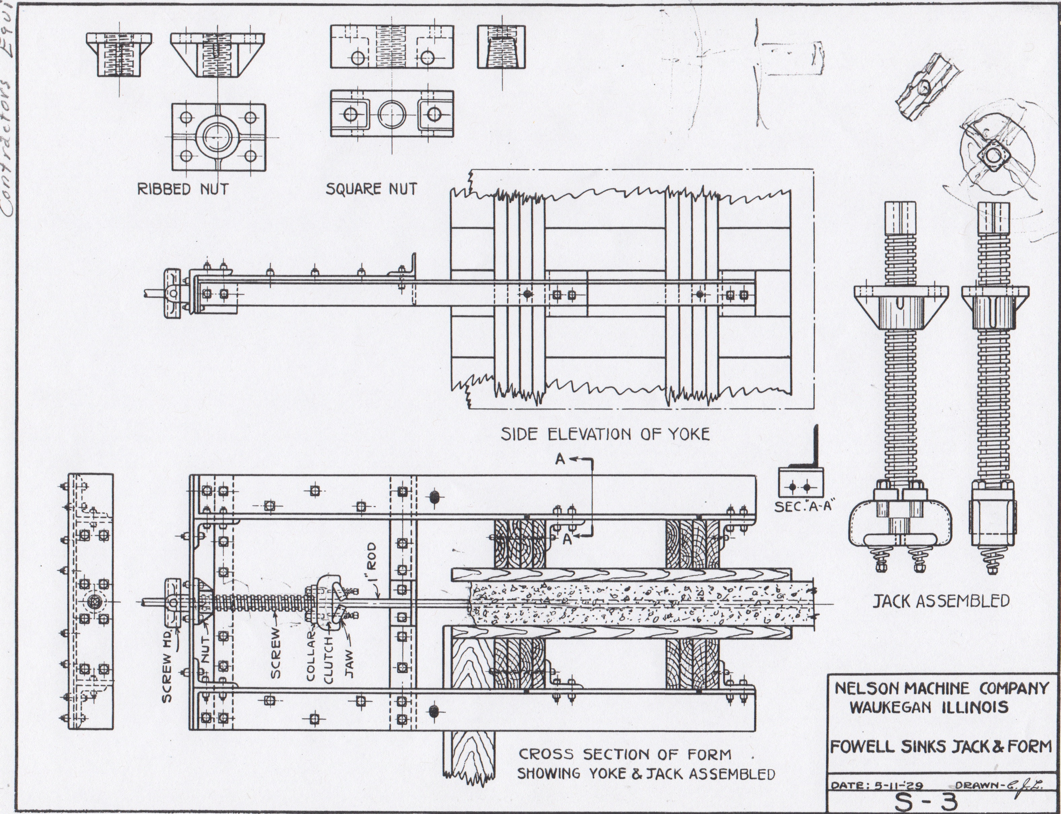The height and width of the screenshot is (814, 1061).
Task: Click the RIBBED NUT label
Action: [x=183, y=189]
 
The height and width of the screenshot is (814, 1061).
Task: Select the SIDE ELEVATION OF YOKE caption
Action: [x=605, y=434]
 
